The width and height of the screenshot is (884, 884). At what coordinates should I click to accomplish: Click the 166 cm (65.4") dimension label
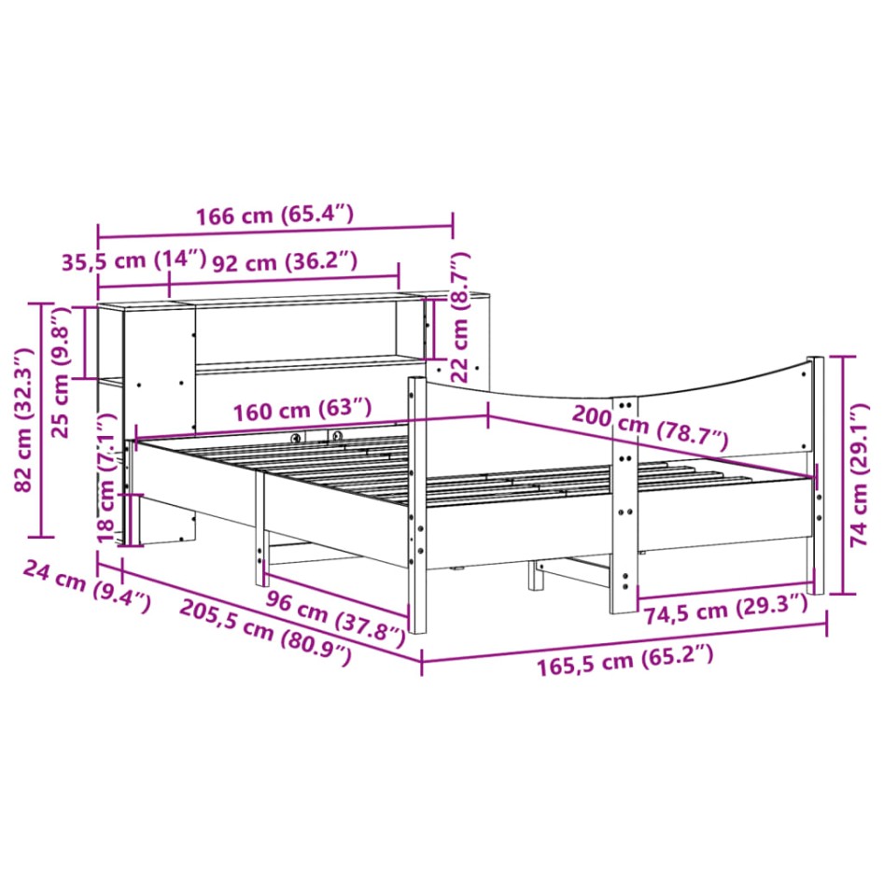tap(274, 216)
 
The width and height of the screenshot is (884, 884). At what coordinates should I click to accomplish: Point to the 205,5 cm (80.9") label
tap(265, 632)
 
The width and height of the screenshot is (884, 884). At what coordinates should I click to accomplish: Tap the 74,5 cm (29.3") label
tap(723, 610)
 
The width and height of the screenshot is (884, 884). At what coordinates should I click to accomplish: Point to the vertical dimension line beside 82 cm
tap(41, 420)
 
